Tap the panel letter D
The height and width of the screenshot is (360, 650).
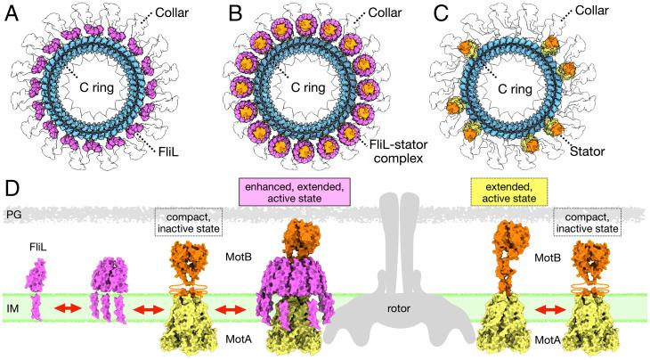[12, 191]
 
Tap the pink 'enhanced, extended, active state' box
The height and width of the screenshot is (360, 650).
[279, 189]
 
